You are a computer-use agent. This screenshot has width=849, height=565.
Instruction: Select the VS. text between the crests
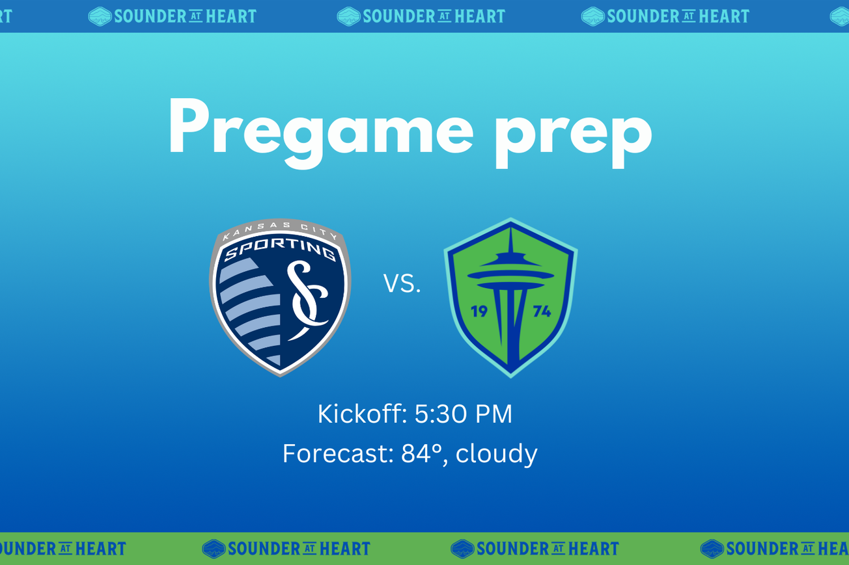(402, 284)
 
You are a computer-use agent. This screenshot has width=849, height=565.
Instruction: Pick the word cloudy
(497, 454)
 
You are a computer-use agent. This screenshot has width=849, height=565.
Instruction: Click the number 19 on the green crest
(479, 311)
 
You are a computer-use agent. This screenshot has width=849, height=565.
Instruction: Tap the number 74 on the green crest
(542, 311)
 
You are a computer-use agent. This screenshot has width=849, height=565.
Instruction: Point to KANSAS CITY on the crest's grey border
(280, 227)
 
